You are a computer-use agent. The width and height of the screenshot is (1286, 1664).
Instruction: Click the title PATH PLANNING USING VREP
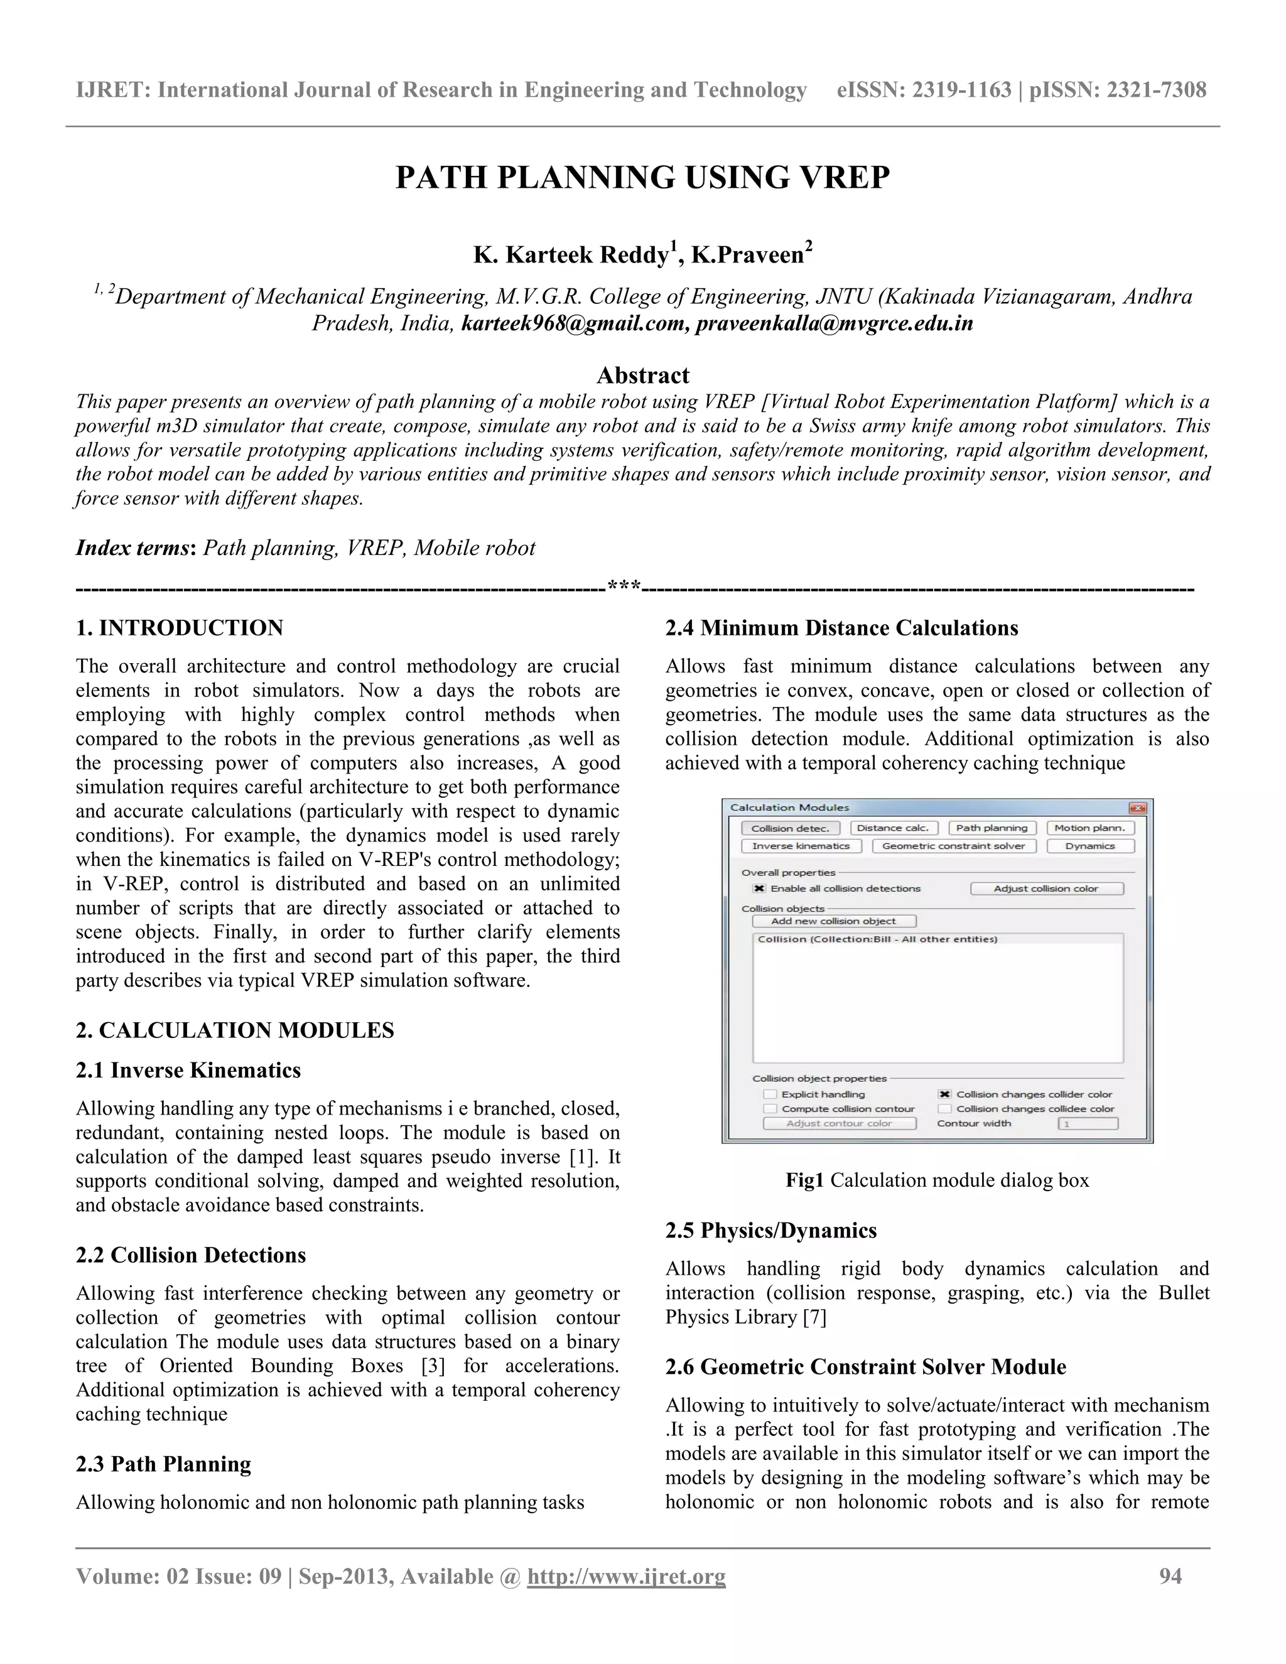pos(642,178)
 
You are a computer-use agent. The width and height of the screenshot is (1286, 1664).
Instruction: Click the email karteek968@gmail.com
pos(575,324)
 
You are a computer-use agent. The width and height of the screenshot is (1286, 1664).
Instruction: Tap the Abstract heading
pos(642,375)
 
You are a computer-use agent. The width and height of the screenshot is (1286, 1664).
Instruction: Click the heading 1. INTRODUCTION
pos(179,628)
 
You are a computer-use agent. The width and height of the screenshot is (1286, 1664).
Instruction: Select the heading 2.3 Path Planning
pos(163,1464)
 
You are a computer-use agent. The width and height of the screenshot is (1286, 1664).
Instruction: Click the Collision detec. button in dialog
pos(790,828)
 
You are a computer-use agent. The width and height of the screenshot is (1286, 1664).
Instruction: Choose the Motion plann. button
pos(1089,828)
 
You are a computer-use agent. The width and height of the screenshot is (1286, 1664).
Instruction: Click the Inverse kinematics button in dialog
pos(801,846)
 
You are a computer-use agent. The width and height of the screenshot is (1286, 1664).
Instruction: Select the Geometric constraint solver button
pos(953,846)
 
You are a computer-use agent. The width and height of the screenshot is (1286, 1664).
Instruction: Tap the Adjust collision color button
pos(1046,889)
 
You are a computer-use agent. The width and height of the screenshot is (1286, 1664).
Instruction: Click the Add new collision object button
pos(833,921)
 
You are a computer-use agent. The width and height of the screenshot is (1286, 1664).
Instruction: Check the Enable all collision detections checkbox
pos(759,889)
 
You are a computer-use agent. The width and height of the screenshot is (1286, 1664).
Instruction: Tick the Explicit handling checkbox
pos(770,1094)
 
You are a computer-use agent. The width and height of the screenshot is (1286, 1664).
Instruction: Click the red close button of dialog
pos(1137,808)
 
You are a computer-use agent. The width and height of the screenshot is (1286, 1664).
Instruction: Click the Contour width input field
pos(1087,1123)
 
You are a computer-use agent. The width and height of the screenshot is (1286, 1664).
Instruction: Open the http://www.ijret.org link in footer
pos(626,1576)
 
